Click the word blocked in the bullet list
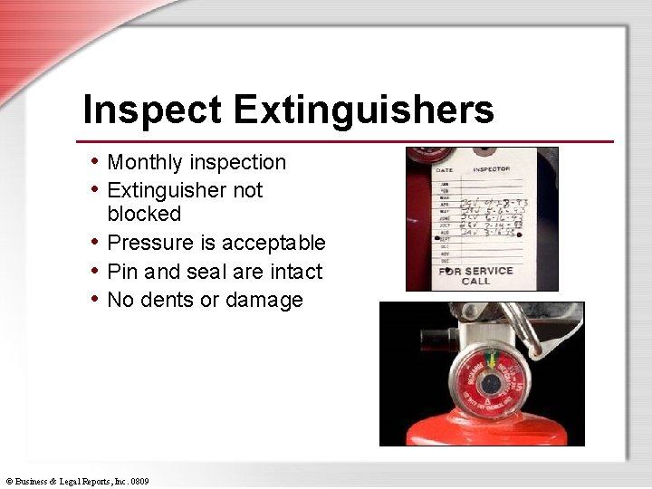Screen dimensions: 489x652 point(144,215)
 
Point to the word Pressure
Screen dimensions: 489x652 point(149,244)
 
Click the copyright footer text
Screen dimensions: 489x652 point(76,481)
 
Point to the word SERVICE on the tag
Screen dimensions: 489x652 point(488,271)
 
